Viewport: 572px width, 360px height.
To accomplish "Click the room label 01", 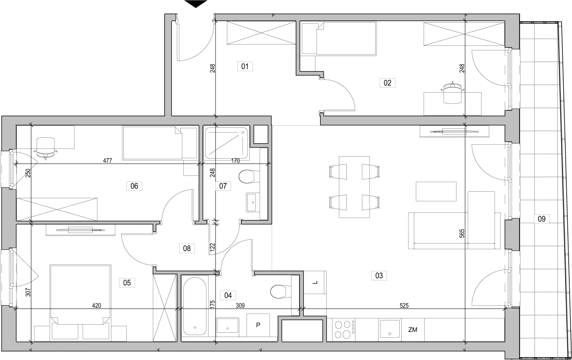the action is pos(245,67).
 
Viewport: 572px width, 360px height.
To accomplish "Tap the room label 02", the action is pos(387,83).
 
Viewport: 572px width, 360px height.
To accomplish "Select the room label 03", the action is pos(379,276).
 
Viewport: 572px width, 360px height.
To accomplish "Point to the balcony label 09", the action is pos(541,219).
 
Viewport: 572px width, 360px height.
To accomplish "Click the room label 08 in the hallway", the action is pos(187,249).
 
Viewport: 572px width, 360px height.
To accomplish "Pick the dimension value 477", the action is pos(107,161).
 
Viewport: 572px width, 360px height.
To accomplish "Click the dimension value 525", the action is pos(404,306).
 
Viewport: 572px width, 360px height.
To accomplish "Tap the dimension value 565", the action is pos(462,234).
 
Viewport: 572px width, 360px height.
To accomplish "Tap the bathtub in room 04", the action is pos(194,306).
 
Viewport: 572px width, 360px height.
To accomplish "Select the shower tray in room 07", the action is pos(227,143).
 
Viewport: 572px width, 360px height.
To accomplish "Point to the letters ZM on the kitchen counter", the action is pos(413,330).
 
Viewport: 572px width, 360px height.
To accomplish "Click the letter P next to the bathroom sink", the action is pos(258,325).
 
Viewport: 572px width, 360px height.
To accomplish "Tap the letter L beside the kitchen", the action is pos(315,283).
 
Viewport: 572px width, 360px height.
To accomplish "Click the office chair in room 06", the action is pos(45,148).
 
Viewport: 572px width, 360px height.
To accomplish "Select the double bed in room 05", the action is pos(80,294).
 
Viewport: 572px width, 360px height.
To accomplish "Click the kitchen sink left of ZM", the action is pos(390,330).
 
